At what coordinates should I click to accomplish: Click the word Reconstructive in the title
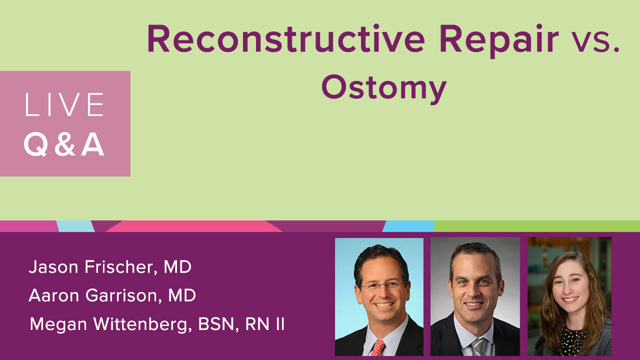pyautogui.click(x=286, y=38)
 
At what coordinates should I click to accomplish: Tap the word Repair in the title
pyautogui.click(x=499, y=41)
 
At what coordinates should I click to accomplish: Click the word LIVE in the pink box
pyautogui.click(x=64, y=104)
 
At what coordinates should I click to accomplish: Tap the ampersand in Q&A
pyautogui.click(x=65, y=144)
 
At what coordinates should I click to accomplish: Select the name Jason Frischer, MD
pyautogui.click(x=110, y=267)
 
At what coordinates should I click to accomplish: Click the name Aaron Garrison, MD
pyautogui.click(x=112, y=295)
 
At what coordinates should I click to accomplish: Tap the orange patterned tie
pyautogui.click(x=377, y=347)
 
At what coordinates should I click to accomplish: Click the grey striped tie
pyautogui.click(x=478, y=347)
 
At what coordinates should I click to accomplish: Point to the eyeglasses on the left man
pyautogui.click(x=382, y=285)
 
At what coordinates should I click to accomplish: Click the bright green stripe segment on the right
pyautogui.click(x=537, y=226)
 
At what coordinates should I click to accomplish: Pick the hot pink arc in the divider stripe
pyautogui.click(x=194, y=226)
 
